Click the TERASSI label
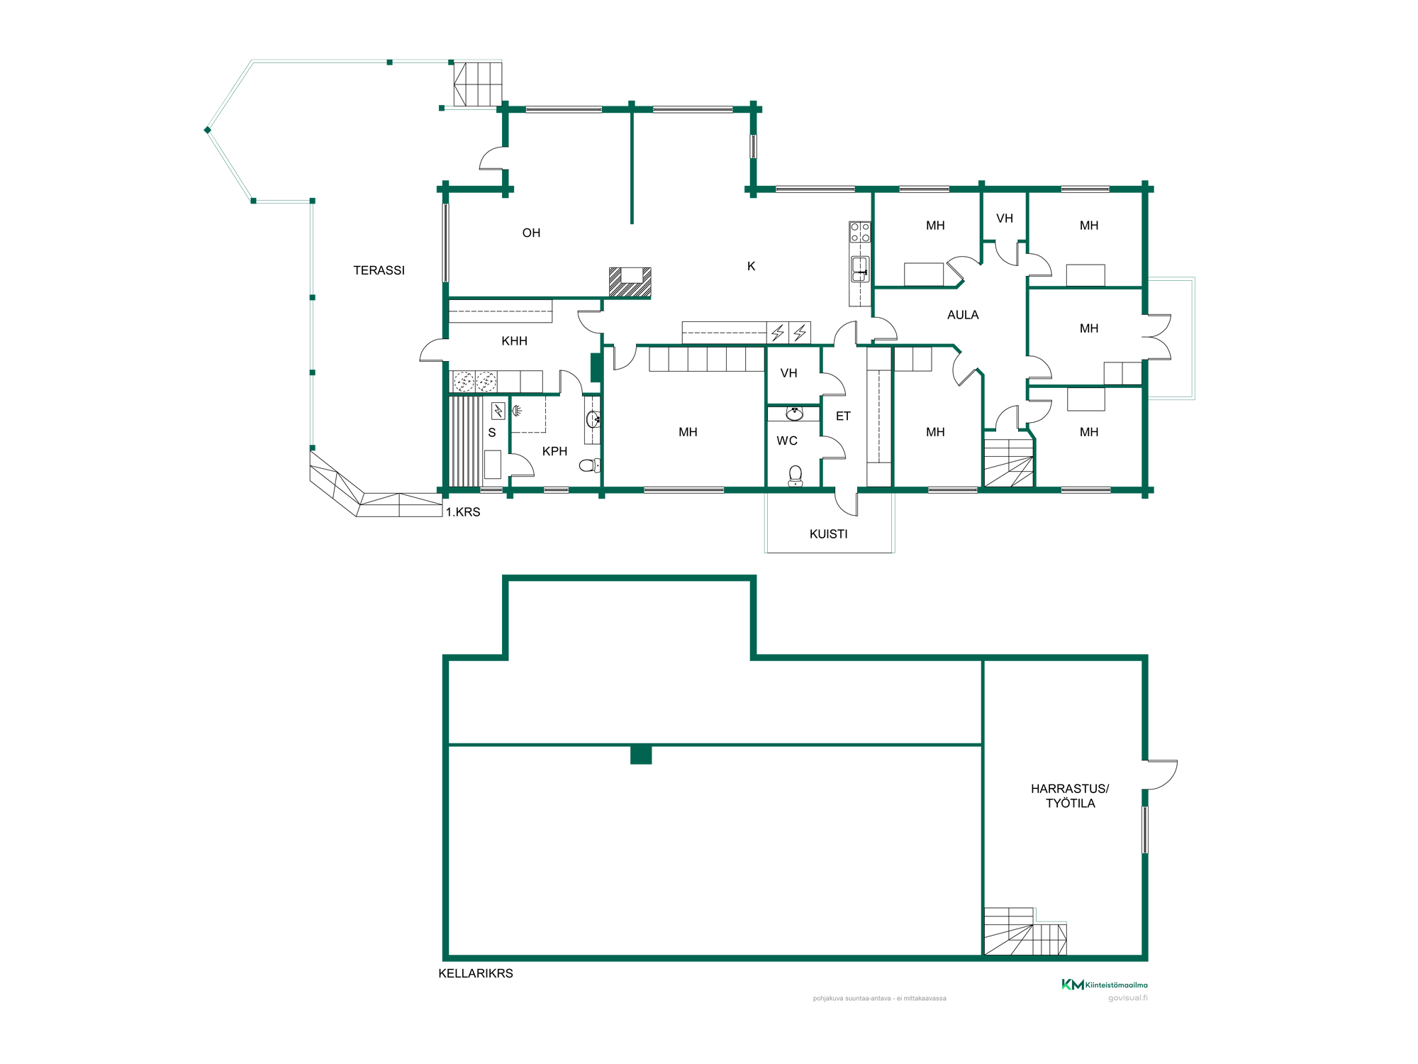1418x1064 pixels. pyautogui.click(x=379, y=270)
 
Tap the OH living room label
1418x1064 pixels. pyautogui.click(x=531, y=233)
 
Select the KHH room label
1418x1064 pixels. pyautogui.click(x=514, y=341)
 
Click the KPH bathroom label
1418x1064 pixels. pyautogui.click(x=554, y=451)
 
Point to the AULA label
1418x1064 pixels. pyautogui.click(x=963, y=315)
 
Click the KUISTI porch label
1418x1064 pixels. pyautogui.click(x=828, y=534)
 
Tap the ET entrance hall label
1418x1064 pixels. pyautogui.click(x=843, y=416)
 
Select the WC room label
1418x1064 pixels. pyautogui.click(x=787, y=440)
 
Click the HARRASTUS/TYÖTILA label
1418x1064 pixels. pyautogui.click(x=1070, y=796)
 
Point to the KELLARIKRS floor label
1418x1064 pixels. pyautogui.click(x=476, y=973)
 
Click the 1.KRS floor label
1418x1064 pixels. pyautogui.click(x=463, y=512)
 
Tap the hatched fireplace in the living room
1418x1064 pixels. pyautogui.click(x=630, y=282)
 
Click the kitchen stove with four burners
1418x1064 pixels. pyautogui.click(x=860, y=233)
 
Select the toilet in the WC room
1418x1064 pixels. pyautogui.click(x=795, y=476)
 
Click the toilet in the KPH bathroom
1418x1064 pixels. pyautogui.click(x=590, y=465)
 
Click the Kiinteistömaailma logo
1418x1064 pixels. pyautogui.click(x=1105, y=985)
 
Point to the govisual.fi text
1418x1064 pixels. pyautogui.click(x=1128, y=998)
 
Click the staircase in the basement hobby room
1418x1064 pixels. pyautogui.click(x=1025, y=931)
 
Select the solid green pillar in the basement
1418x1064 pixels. pyautogui.click(x=641, y=755)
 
